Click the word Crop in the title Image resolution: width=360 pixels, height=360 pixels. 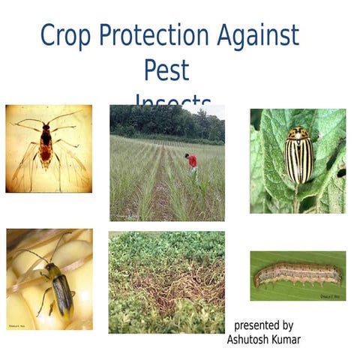click(x=64, y=35)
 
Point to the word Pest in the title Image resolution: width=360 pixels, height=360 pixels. click(x=166, y=70)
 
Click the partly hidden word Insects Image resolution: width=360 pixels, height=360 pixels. click(x=173, y=103)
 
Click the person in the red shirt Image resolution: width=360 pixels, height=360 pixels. click(x=192, y=162)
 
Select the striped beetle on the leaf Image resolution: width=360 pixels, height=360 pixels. click(x=299, y=155)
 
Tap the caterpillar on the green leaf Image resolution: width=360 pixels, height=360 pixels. click(x=298, y=274)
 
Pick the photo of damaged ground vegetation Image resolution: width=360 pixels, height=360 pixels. click(x=166, y=282)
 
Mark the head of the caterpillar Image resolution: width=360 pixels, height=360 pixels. click(x=259, y=280)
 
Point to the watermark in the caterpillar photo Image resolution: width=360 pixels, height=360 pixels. click(x=331, y=295)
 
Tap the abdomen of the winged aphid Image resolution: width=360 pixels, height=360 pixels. click(x=46, y=154)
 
